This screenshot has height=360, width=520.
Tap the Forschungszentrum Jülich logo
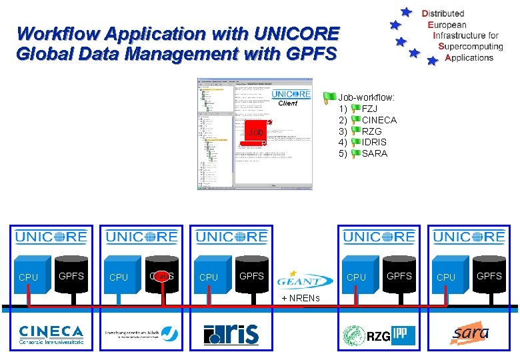141,333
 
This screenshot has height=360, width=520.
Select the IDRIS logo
231,333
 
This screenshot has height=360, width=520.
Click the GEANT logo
305,279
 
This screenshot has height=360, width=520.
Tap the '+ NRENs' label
301,297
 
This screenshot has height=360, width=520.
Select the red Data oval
162,275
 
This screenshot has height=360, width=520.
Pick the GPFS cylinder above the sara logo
489,275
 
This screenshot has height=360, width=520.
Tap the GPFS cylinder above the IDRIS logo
251,275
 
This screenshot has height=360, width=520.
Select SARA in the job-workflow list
374,153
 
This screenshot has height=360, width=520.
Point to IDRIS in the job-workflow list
374,142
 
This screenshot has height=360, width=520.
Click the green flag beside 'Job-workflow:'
329,97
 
